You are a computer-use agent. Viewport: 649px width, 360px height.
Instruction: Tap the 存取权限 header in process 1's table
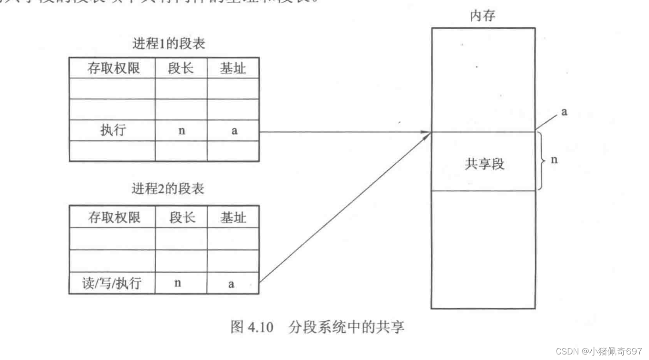[x=114, y=68]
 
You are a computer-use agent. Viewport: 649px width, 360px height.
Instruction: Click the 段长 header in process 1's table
[x=181, y=68]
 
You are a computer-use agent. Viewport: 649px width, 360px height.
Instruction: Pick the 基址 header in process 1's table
[x=233, y=68]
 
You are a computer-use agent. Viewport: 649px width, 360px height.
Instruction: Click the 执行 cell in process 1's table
[x=113, y=131]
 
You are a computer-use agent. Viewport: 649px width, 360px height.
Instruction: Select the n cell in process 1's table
[x=181, y=131]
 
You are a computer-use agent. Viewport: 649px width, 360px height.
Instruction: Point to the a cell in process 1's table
[x=234, y=131]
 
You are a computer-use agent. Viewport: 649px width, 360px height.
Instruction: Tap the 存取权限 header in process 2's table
[x=114, y=217]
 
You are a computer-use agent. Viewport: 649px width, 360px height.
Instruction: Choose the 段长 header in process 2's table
[x=181, y=217]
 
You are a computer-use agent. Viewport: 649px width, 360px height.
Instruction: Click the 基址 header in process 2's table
[x=233, y=217]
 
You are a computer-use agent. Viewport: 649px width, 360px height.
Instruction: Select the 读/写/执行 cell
[x=114, y=283]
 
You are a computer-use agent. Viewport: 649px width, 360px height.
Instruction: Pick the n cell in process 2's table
[x=178, y=283]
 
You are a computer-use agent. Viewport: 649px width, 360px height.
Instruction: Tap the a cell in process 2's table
[x=231, y=284]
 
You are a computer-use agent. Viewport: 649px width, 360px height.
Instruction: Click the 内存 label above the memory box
[x=482, y=17]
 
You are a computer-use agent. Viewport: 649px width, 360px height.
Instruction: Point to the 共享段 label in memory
[x=484, y=164]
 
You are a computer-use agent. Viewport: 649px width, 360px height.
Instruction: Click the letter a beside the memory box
[x=564, y=112]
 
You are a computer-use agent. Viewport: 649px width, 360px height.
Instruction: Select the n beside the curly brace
[x=554, y=161]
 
